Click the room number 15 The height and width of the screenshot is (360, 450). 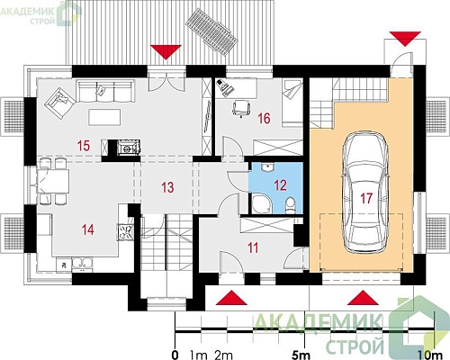[84, 146]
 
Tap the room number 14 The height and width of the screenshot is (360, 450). [88, 230]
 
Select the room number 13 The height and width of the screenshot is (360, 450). [167, 187]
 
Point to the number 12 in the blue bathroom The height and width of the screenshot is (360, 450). [280, 185]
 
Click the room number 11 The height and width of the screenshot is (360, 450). [253, 248]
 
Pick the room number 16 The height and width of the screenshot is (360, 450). [264, 119]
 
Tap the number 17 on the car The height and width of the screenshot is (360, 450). [366, 198]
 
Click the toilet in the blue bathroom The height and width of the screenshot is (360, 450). [290, 205]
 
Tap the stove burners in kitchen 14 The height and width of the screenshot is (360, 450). [125, 231]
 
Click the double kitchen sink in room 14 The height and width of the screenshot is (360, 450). [82, 263]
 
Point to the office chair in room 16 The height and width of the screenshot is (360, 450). [241, 108]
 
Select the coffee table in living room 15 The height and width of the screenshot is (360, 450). [104, 117]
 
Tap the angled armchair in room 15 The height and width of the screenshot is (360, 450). [59, 103]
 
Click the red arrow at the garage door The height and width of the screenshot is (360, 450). [363, 298]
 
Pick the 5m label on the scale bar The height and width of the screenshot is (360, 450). [301, 355]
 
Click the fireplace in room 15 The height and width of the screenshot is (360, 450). [128, 148]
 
